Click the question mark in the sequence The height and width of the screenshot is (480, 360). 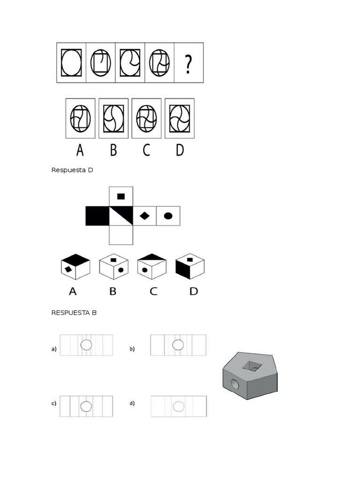pos(188,64)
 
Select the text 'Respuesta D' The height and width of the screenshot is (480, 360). pos(72,170)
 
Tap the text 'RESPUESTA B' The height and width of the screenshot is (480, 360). pos(74,313)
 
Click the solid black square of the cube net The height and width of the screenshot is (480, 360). pos(97,216)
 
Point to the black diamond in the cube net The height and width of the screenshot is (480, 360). pos(145,216)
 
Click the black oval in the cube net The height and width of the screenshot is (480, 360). pos(168,216)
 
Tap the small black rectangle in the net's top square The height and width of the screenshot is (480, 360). pos(121,196)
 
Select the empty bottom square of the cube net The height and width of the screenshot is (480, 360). pos(121,235)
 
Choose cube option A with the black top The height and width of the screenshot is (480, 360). pos(75,266)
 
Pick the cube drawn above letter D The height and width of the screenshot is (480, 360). pos(190,266)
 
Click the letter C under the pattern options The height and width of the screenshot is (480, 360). pos(146,150)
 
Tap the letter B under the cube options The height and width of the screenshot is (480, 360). pos(112,291)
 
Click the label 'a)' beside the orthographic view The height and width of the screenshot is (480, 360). pos(54,349)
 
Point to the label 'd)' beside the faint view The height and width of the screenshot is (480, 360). pos(132,403)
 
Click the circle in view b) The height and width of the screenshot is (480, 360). pos(178,345)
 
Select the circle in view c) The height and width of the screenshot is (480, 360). pos(86,406)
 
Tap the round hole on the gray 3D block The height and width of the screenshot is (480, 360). pos(233,385)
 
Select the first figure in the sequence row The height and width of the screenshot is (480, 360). pos(71,62)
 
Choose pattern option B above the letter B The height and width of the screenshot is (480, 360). pos(113,118)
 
